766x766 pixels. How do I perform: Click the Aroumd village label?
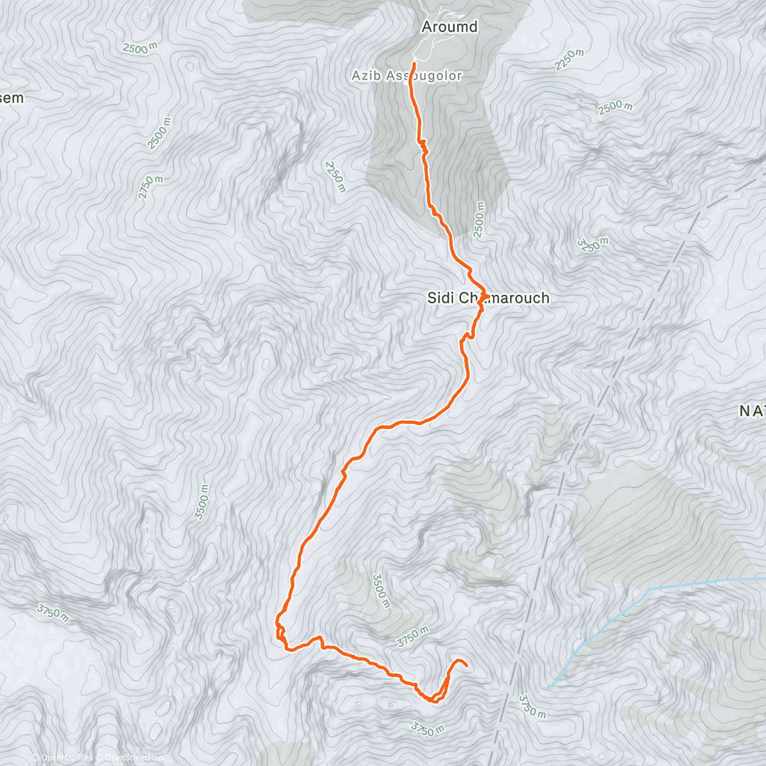click(449, 27)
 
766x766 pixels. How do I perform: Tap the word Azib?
click(365, 76)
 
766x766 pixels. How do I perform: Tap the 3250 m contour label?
click(592, 244)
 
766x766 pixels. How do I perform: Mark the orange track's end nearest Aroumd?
click(414, 63)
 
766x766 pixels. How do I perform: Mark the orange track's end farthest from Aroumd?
click(467, 666)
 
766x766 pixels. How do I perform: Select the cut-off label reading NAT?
click(752, 412)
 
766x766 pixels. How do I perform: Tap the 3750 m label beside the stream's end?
click(532, 705)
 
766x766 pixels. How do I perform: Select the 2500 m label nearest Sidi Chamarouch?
click(479, 220)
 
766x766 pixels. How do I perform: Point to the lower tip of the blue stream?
click(549, 687)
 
